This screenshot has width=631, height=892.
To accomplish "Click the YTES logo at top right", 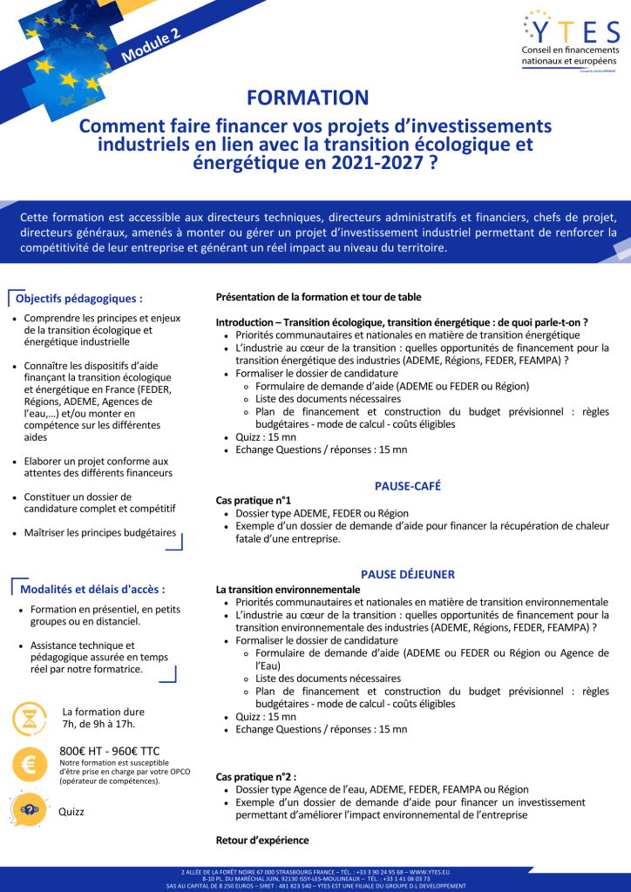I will tap(570, 44).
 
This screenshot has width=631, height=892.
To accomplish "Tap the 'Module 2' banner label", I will tap(152, 45).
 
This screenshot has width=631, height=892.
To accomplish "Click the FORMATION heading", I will tap(308, 98).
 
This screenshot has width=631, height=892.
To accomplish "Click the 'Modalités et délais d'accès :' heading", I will tap(92, 589).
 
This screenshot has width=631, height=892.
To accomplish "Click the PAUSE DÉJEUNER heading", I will tap(408, 574).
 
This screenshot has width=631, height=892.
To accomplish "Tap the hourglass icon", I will tap(30, 719).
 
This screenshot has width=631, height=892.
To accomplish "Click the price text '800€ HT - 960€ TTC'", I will tap(110, 751).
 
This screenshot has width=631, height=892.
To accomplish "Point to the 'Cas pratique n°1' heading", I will tap(254, 500).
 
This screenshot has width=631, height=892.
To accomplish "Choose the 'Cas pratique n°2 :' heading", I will tap(256, 775).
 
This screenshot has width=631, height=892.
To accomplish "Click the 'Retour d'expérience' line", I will tap(262, 841).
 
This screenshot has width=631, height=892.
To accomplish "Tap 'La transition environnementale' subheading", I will tap(288, 589).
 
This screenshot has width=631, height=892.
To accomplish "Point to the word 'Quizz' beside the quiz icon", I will tap(71, 812).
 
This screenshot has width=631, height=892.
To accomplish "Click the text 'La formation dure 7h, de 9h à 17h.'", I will tap(104, 718).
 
